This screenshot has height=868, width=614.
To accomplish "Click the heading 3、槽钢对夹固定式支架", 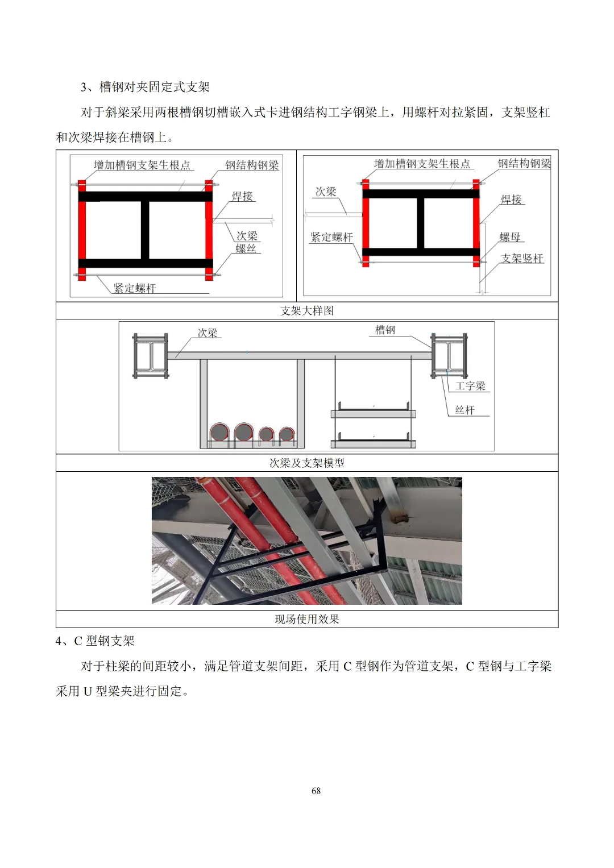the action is click(x=145, y=87).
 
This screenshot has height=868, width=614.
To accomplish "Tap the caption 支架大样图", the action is click(x=306, y=310).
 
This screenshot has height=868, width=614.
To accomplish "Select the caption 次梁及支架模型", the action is click(x=306, y=463).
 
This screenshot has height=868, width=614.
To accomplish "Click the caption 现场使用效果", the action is click(x=306, y=619).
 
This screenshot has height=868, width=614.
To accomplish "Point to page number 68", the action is click(x=316, y=791).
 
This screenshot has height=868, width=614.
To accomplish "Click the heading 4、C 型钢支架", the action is click(x=95, y=641).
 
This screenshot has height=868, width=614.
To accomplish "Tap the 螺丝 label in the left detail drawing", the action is click(x=246, y=248).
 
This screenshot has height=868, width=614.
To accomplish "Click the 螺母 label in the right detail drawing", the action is click(x=510, y=237).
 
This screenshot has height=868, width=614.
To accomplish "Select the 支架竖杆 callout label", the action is click(x=522, y=258).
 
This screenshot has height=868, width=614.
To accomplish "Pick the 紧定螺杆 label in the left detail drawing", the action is click(x=135, y=288).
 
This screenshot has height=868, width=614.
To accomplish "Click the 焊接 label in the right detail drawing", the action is click(x=511, y=199).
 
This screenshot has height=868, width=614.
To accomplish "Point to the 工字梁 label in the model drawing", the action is click(x=470, y=385).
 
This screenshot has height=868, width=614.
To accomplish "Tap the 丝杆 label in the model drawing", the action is click(x=465, y=410).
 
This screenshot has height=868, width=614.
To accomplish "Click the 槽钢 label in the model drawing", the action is click(x=385, y=330).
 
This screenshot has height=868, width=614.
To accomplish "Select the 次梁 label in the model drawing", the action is click(x=208, y=333).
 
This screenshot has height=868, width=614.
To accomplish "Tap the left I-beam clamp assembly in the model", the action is click(x=151, y=356).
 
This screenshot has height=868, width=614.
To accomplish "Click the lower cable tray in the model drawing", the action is click(x=374, y=439).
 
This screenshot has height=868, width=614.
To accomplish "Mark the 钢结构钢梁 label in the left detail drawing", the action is click(x=252, y=165).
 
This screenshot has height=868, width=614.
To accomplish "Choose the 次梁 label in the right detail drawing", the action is click(x=326, y=192).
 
